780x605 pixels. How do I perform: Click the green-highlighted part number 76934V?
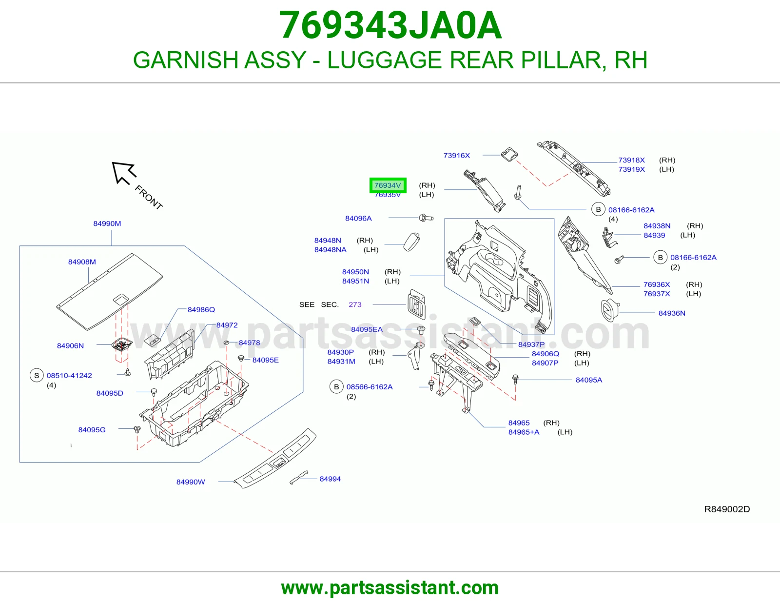(x=388, y=185)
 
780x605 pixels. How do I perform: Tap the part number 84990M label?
(x=107, y=223)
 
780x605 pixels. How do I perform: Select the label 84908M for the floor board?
(x=82, y=262)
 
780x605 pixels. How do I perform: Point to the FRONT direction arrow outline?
(x=123, y=173)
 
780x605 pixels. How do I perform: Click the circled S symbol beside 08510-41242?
(x=37, y=376)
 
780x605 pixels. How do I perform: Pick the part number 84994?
(x=330, y=479)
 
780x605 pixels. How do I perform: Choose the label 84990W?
(x=191, y=482)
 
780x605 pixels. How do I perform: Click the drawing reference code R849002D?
(x=727, y=509)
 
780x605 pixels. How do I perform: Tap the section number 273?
(x=355, y=304)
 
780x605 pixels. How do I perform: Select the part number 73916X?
(x=457, y=156)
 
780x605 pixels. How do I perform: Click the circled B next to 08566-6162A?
(x=336, y=387)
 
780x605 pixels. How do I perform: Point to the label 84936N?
(x=672, y=313)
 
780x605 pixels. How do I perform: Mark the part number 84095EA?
(x=367, y=329)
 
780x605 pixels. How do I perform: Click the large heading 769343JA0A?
(x=390, y=25)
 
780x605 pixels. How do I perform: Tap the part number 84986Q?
(x=201, y=310)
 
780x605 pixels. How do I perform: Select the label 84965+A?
(x=524, y=432)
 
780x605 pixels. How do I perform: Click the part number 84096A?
(x=358, y=219)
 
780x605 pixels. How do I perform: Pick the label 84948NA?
(x=330, y=250)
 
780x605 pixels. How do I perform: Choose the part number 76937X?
(x=657, y=294)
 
